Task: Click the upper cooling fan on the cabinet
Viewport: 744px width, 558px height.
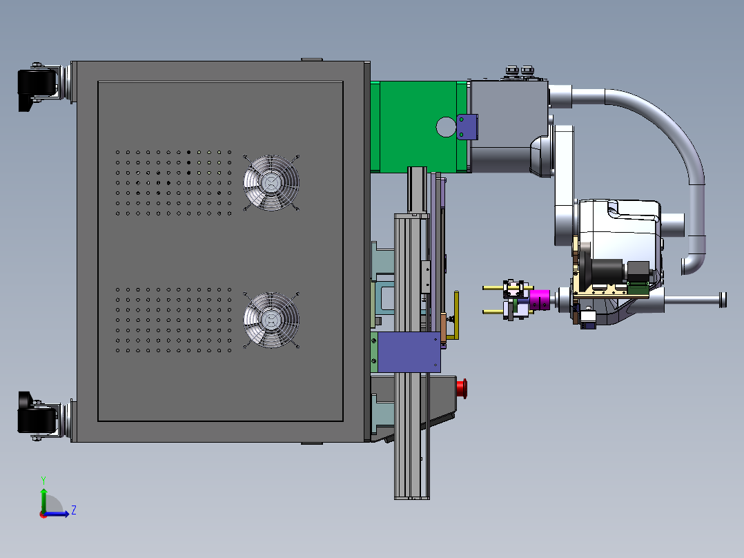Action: pyautogui.click(x=271, y=183)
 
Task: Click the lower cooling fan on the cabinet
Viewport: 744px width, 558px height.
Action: pyautogui.click(x=271, y=320)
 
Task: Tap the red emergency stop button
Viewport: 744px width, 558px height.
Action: pyautogui.click(x=462, y=389)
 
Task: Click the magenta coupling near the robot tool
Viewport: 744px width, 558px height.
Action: pyautogui.click(x=540, y=300)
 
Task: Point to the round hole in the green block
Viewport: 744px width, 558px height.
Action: pyautogui.click(x=446, y=127)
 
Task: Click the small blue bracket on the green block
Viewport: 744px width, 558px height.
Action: pyautogui.click(x=467, y=127)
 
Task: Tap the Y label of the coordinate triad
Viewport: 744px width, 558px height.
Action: pyautogui.click(x=43, y=481)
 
